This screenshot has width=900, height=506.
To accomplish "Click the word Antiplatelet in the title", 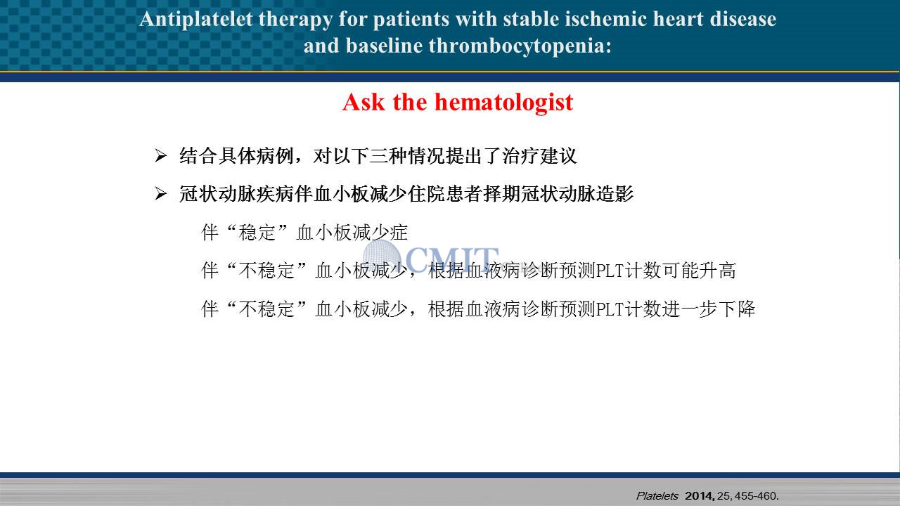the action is (196, 19).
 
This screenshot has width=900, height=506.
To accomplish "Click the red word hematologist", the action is (504, 103).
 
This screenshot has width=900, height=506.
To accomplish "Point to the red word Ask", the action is (364, 102).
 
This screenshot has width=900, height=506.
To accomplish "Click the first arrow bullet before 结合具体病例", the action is (160, 156).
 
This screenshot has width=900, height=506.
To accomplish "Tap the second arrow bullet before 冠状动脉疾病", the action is (160, 194).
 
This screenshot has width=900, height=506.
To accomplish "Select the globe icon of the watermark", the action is (382, 257).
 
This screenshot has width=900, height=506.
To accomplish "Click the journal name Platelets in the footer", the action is (657, 496).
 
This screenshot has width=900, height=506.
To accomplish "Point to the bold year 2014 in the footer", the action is (700, 496).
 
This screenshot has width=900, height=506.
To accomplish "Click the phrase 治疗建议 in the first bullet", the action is (539, 156).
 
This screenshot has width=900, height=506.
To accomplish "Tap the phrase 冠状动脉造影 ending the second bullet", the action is (577, 194).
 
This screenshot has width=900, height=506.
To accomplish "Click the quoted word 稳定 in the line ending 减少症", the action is (257, 233).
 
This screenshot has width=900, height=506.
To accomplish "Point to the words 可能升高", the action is (699, 271).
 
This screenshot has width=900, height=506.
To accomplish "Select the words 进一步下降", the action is (709, 309).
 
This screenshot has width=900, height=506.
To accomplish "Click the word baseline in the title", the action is (384, 46).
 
